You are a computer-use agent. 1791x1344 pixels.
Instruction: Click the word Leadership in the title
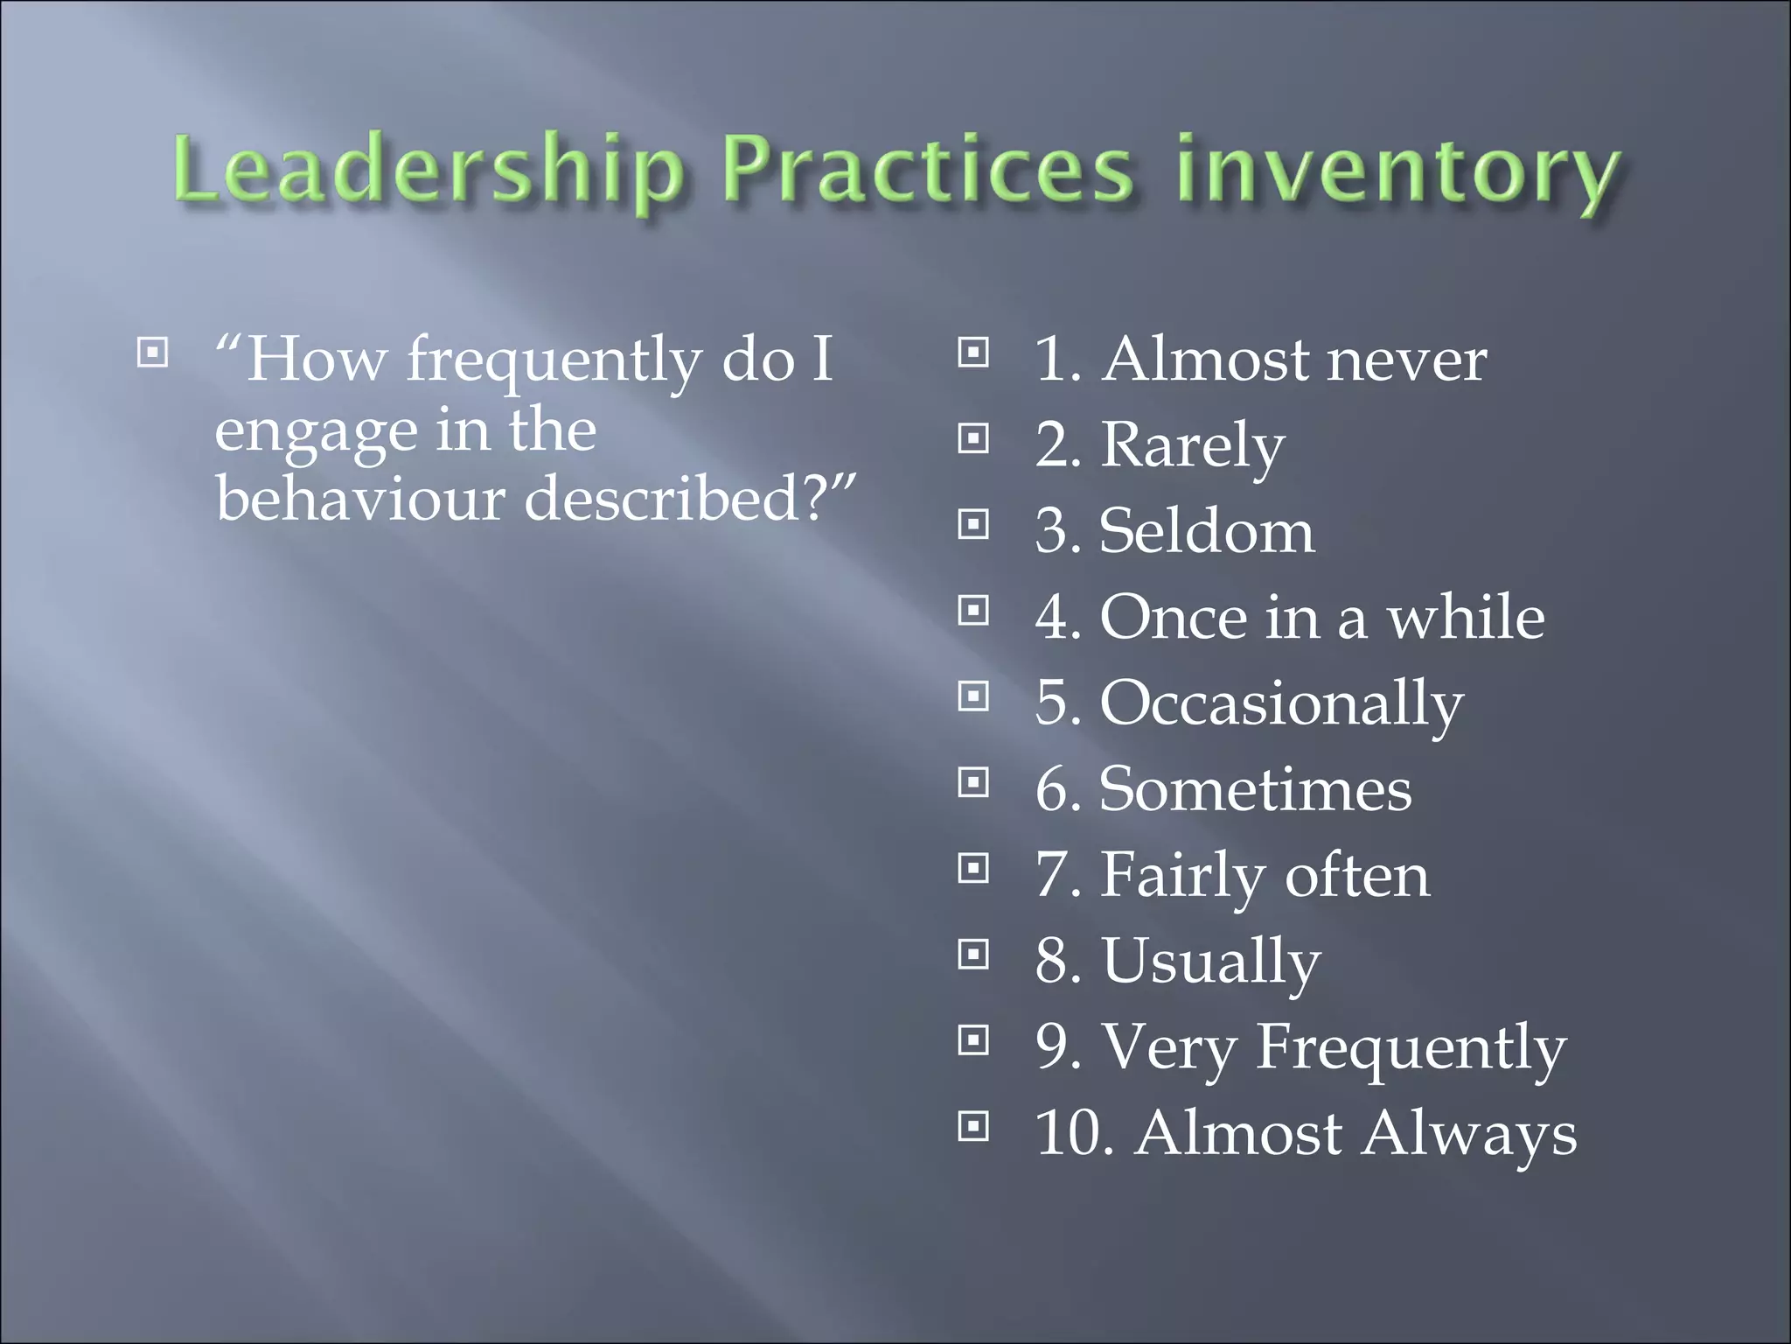pyautogui.click(x=427, y=170)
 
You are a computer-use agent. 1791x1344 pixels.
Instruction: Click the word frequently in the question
pyautogui.click(x=554, y=360)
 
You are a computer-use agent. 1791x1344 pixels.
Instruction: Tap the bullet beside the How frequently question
pyautogui.click(x=152, y=353)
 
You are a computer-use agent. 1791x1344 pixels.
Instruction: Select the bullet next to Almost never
pyautogui.click(x=973, y=353)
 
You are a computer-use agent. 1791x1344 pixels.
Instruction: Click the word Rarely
pyautogui.click(x=1192, y=446)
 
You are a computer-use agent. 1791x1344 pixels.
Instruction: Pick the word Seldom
pyautogui.click(x=1207, y=531)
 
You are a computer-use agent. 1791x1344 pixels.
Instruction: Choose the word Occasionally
pyautogui.click(x=1281, y=703)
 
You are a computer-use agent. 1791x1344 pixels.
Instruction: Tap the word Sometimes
pyautogui.click(x=1255, y=789)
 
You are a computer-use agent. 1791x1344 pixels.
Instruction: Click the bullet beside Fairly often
pyautogui.click(x=973, y=869)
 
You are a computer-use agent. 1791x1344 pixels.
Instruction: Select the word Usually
pyautogui.click(x=1211, y=962)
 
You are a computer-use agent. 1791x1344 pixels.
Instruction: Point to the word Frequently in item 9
pyautogui.click(x=1411, y=1047)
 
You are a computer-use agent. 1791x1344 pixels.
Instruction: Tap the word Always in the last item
pyautogui.click(x=1468, y=1133)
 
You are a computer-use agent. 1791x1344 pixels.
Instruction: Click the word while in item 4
pyautogui.click(x=1466, y=618)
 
